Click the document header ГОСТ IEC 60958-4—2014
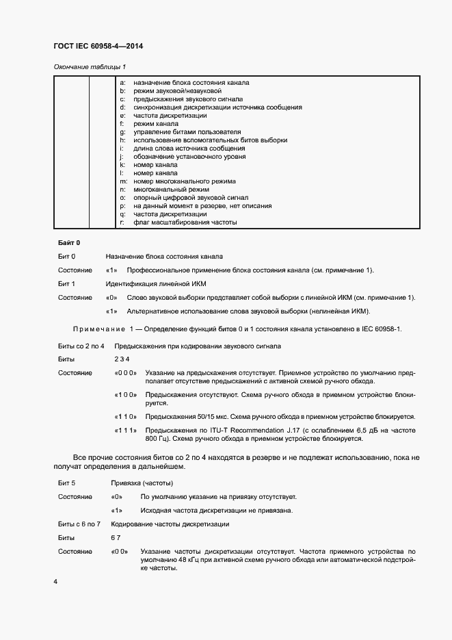(98, 47)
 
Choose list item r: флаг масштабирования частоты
(178, 222)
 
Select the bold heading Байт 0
(68, 243)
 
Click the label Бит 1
(66, 283)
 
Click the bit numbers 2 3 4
(122, 359)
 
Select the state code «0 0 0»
(126, 373)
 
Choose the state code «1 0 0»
(126, 395)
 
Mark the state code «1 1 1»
(126, 430)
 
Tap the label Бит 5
(66, 483)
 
